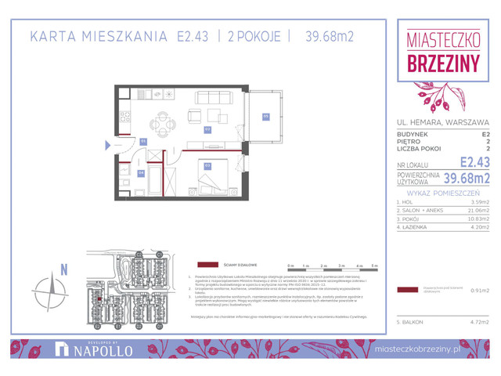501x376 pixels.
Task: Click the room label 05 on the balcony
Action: [265, 117]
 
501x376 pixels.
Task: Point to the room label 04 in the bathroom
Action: [141, 172]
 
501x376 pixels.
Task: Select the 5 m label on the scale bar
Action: [374, 266]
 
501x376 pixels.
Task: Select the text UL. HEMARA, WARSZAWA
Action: [442, 122]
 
